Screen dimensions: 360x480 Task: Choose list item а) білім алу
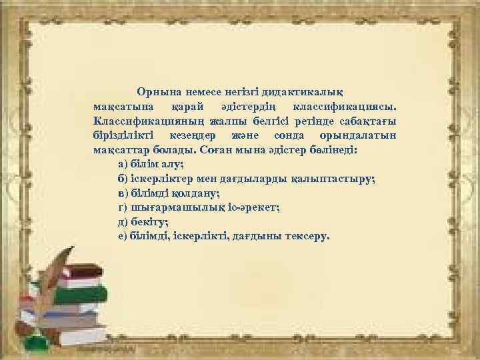click(150, 165)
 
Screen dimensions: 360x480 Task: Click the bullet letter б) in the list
click(122, 179)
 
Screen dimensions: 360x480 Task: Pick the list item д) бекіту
click(142, 223)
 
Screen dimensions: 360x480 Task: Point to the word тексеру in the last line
click(306, 237)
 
